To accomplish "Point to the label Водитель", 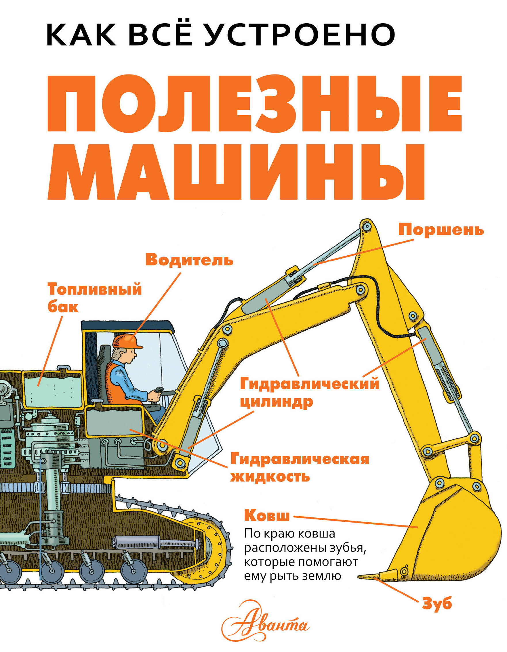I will point(189,260).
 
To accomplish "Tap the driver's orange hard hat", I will point(127,341).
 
